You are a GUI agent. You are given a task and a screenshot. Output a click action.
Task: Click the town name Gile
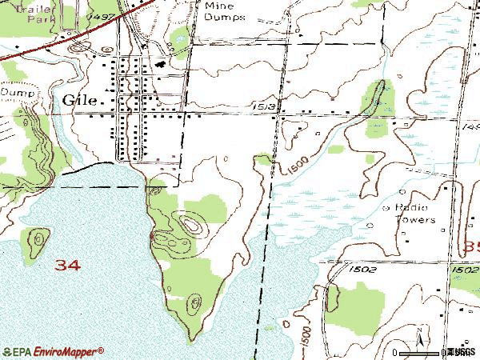coord(79,100)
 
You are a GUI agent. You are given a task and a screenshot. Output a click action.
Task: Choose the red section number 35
coord(470,247)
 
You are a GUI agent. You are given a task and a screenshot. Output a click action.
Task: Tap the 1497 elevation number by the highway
coord(102,16)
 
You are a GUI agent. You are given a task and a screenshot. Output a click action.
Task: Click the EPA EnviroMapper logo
coord(53,351)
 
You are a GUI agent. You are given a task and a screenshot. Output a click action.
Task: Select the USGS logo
coord(460,351)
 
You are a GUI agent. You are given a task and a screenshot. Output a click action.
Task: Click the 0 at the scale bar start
coord(398,352)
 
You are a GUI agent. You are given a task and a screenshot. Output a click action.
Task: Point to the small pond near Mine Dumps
coord(181,36)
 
